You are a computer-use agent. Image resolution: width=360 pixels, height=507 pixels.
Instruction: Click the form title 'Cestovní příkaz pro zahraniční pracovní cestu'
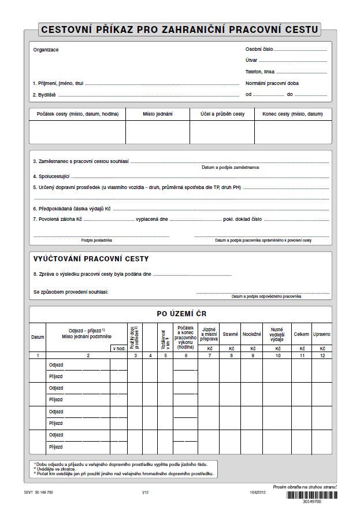(180, 29)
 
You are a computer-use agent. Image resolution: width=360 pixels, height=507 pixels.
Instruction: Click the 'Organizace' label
(46, 50)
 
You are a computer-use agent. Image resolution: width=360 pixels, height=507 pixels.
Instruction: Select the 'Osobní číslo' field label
(259, 50)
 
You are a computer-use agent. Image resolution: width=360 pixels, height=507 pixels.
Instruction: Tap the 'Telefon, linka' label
(261, 72)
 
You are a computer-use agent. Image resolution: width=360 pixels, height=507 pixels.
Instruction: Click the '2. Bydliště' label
(44, 94)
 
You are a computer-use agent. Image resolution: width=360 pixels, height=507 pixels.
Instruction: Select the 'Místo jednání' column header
(158, 114)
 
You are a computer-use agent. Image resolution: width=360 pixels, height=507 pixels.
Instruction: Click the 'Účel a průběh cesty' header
(222, 114)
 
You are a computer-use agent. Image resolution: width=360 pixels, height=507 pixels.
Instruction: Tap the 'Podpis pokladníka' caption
(97, 240)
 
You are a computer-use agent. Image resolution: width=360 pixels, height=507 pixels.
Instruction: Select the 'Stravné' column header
(231, 334)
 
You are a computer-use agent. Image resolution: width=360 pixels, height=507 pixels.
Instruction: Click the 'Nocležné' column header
(252, 334)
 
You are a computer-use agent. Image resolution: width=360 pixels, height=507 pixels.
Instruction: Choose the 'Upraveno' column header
(322, 334)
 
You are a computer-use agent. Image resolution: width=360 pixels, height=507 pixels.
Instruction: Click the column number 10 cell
(277, 356)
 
